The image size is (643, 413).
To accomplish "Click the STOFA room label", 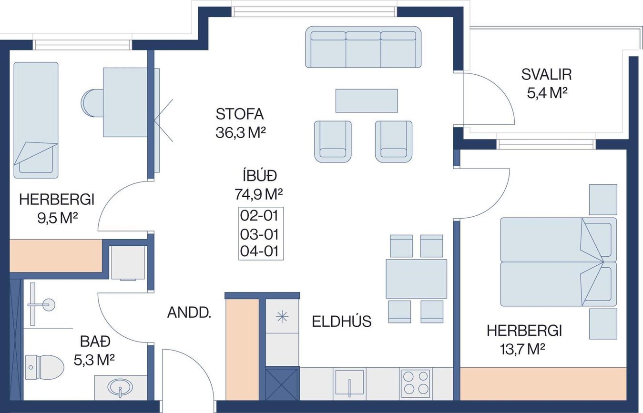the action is click(x=239, y=114).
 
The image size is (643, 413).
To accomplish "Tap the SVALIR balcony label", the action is click(x=546, y=75).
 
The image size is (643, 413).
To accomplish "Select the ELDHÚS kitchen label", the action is click(x=342, y=322).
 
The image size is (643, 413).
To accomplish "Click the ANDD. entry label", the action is click(x=189, y=312).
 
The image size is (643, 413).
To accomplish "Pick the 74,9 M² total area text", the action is click(x=259, y=194).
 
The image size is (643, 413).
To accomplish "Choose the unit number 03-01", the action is click(x=259, y=234).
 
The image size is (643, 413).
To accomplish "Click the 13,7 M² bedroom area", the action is click(x=522, y=349).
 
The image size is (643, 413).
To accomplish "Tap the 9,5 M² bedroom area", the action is click(x=57, y=218).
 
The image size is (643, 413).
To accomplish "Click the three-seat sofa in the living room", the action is click(x=363, y=47).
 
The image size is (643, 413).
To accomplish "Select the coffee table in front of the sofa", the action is click(x=367, y=101).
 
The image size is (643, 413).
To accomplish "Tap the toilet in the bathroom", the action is click(x=44, y=367).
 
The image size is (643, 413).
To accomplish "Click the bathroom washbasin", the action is click(x=120, y=388).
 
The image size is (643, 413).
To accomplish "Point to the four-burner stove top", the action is click(x=416, y=384).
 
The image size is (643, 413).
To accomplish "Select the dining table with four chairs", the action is click(x=416, y=279).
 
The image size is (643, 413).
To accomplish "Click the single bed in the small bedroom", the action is click(x=36, y=120).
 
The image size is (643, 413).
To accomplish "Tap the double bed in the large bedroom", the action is click(x=558, y=262).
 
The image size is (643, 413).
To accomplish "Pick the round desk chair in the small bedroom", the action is click(x=92, y=103).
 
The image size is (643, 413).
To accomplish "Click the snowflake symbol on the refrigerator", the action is click(x=282, y=317).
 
